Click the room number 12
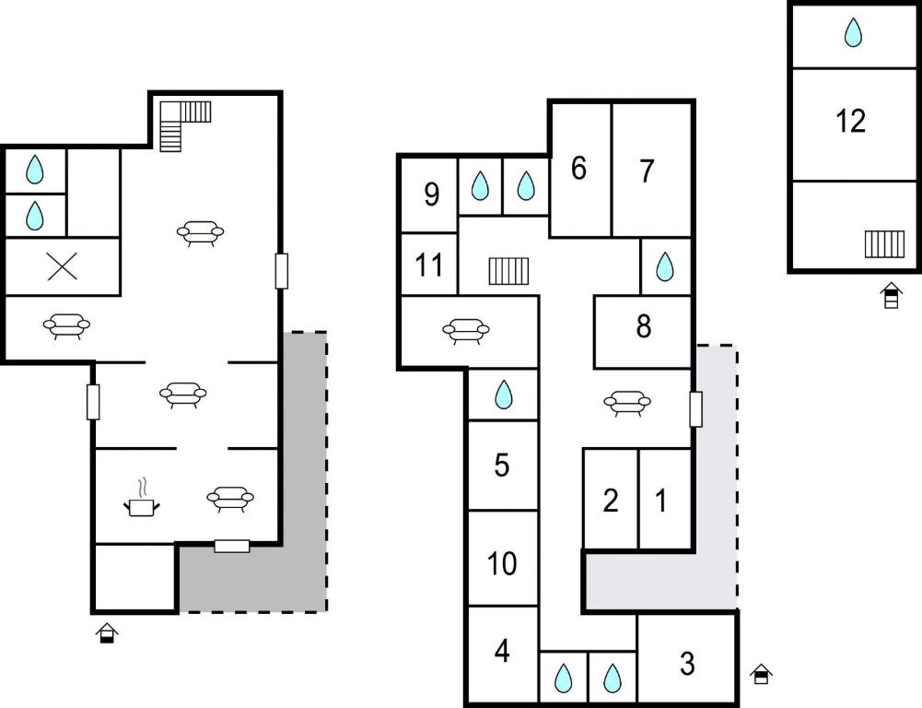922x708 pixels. pyautogui.click(x=850, y=122)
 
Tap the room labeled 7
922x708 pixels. pyautogui.click(x=647, y=171)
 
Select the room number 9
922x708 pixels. pyautogui.click(x=432, y=195)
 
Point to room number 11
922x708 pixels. pyautogui.click(x=429, y=265)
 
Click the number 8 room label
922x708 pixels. pyautogui.click(x=644, y=325)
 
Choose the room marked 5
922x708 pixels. pyautogui.click(x=502, y=465)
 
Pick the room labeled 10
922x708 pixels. pyautogui.click(x=502, y=563)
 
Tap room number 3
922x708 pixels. pyautogui.click(x=687, y=663)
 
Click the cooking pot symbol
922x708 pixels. pyautogui.click(x=142, y=499)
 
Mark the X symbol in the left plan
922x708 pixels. pyautogui.click(x=62, y=266)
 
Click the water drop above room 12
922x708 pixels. pyautogui.click(x=853, y=32)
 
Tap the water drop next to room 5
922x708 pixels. pyautogui.click(x=503, y=395)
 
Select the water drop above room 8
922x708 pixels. pyautogui.click(x=664, y=266)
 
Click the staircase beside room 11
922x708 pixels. pyautogui.click(x=508, y=271)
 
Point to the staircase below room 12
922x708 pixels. pyautogui.click(x=884, y=244)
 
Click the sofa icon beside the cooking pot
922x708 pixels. pyautogui.click(x=230, y=499)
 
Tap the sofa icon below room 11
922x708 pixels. pyautogui.click(x=466, y=331)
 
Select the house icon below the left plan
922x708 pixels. pyautogui.click(x=107, y=632)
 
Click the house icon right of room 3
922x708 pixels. pyautogui.click(x=761, y=675)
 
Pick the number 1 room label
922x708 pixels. pyautogui.click(x=661, y=501)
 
